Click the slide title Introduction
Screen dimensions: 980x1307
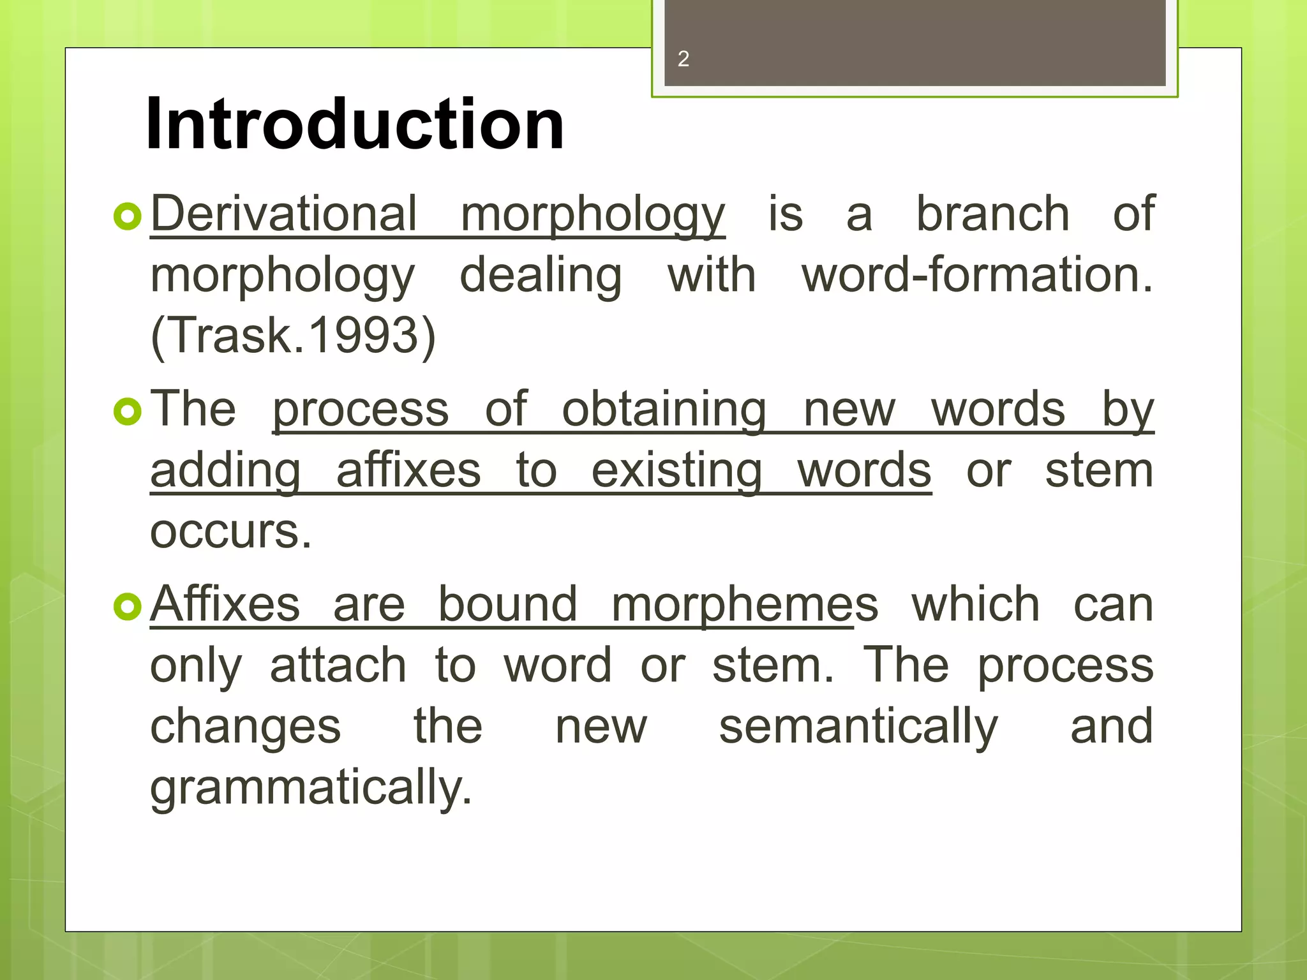(x=355, y=124)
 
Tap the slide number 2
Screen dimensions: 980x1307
(x=683, y=59)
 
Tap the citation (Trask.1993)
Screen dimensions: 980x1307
(x=293, y=336)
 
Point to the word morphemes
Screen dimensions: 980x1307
(x=744, y=605)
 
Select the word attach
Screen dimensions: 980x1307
(x=338, y=665)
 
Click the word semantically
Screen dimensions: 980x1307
(x=858, y=727)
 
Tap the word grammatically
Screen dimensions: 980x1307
(x=311, y=789)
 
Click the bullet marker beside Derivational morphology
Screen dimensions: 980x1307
(x=127, y=217)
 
